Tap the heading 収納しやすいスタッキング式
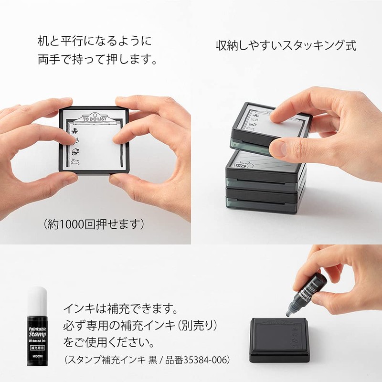click(x=286, y=46)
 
